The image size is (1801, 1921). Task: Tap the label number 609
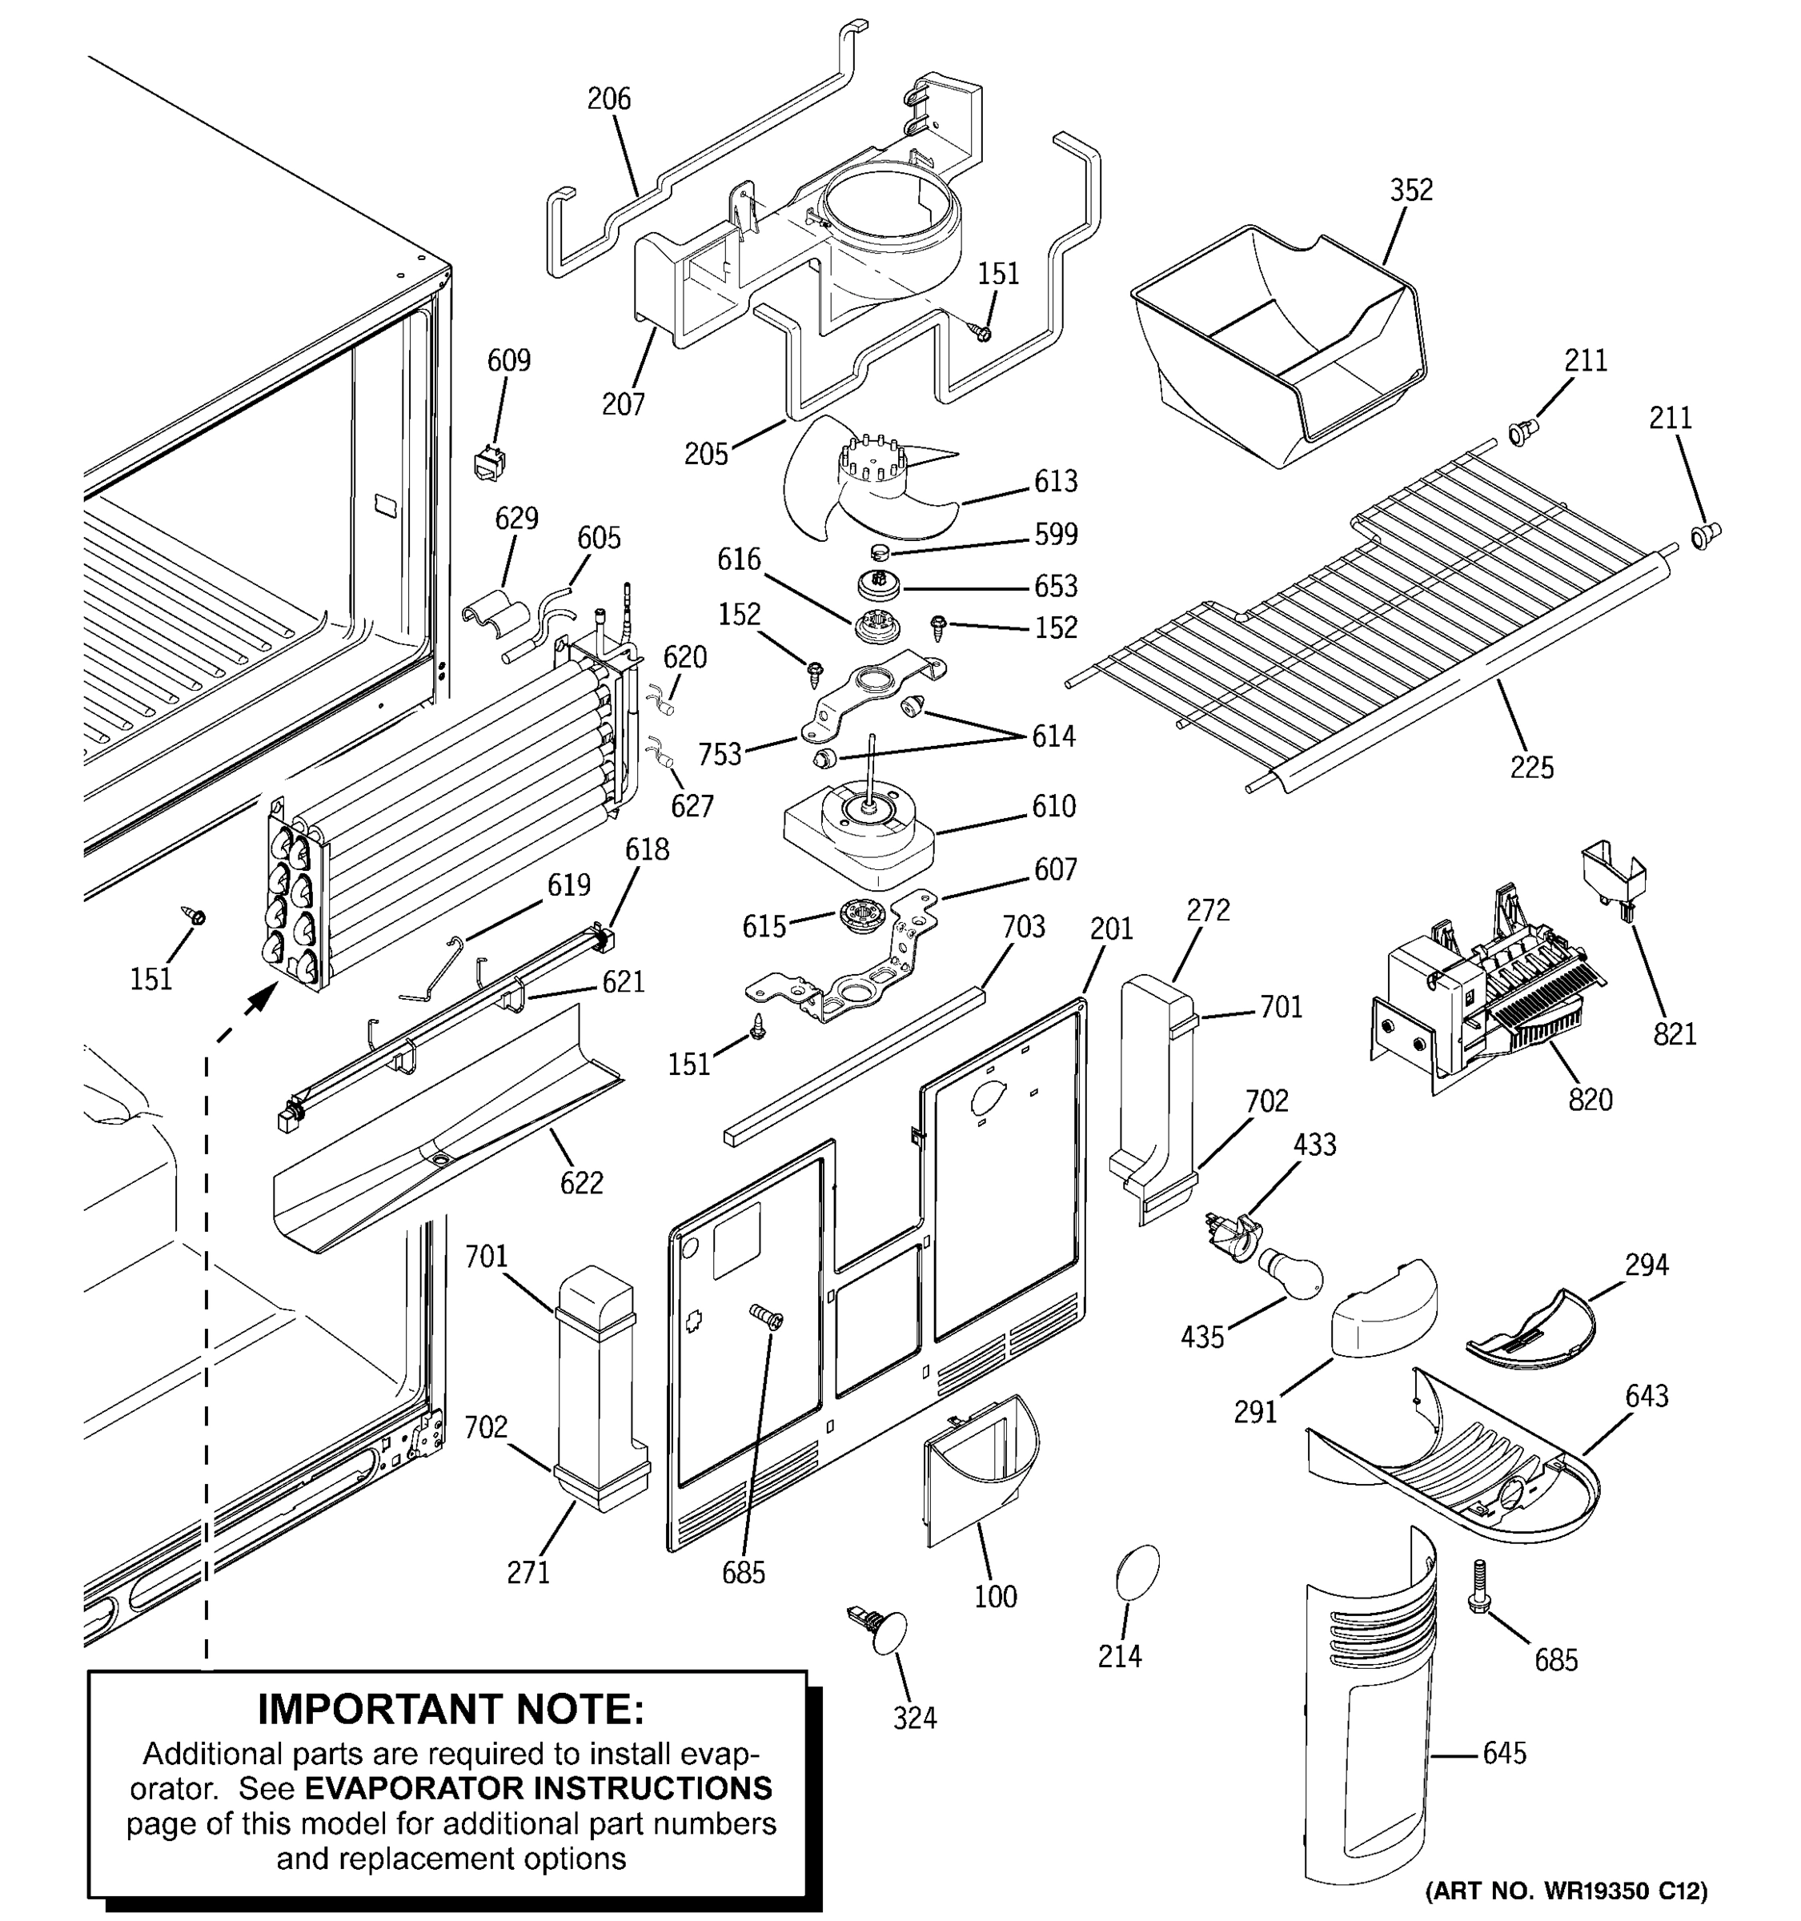pyautogui.click(x=508, y=360)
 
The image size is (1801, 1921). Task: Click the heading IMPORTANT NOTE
pyautogui.click(x=450, y=1710)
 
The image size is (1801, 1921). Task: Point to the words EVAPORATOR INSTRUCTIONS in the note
pyautogui.click(x=538, y=1787)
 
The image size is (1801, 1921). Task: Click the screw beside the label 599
pyautogui.click(x=880, y=553)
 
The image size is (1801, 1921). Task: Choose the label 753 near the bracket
pyautogui.click(x=720, y=755)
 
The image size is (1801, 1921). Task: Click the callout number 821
pyautogui.click(x=1675, y=1034)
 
